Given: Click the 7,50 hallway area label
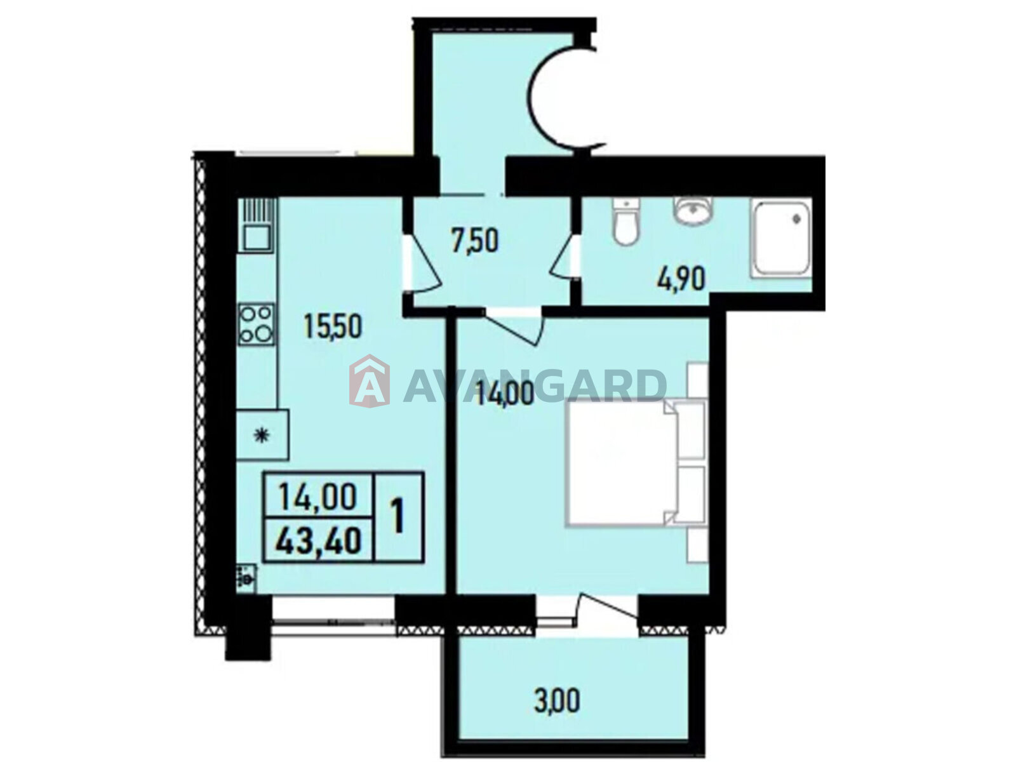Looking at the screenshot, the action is tap(475, 241).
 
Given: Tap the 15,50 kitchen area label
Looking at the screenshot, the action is tap(332, 326).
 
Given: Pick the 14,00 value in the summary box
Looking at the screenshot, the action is tap(317, 495).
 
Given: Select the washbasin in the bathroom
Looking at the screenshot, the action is tap(692, 212).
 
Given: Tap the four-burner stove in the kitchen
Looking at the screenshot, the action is tap(256, 324).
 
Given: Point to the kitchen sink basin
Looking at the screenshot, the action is tap(257, 237).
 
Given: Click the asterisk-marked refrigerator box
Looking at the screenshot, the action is tap(262, 434).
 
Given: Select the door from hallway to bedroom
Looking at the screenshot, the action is tap(514, 328).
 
